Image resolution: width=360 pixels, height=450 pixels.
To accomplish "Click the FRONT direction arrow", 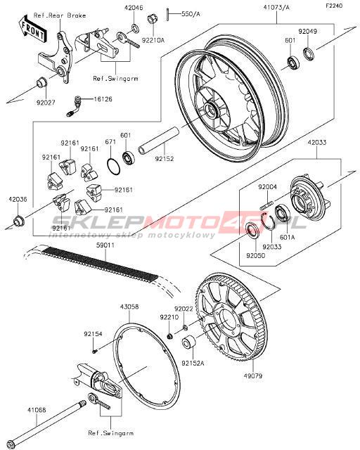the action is coord(32,29).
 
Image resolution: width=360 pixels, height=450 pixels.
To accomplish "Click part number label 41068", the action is coord(37,411).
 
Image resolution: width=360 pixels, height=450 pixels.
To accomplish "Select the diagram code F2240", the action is coord(334,6).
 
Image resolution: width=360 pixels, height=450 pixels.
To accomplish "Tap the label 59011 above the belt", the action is coord(105,245).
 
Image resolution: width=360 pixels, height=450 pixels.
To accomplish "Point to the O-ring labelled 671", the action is coord(113,166).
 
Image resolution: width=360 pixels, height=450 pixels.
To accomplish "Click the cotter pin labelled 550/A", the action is coord(167,14).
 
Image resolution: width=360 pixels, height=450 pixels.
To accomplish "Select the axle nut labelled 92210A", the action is coord(152,20).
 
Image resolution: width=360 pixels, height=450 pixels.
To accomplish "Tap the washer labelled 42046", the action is coord(135,28).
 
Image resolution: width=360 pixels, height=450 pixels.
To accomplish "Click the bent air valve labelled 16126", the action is coord(74,106).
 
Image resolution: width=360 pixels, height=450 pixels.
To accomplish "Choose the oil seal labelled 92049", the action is coord(309,55).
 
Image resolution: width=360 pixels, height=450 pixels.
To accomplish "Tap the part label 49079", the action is coord(253,375).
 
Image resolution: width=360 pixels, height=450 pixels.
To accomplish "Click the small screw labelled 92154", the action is coord(95,350).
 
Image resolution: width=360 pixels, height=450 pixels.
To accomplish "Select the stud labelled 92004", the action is coord(266,204).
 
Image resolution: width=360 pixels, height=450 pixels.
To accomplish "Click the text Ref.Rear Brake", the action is coord(60,15).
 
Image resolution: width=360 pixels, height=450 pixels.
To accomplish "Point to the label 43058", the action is coord(129,307).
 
